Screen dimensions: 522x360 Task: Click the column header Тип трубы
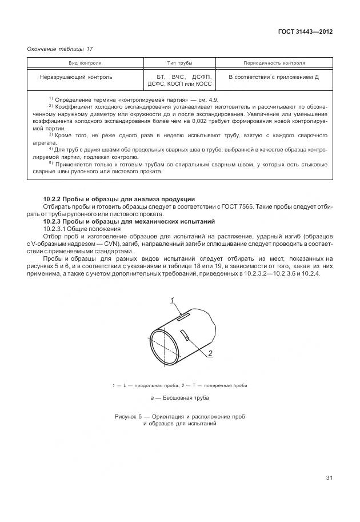point(179,63)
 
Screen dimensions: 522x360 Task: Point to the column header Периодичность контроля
point(274,63)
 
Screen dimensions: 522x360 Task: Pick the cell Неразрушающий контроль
point(76,77)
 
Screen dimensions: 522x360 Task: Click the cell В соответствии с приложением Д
point(273,77)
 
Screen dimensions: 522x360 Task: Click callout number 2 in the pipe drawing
point(210,353)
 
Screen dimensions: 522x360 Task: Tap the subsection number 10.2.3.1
point(57,228)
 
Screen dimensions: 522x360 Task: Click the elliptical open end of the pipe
point(165,346)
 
